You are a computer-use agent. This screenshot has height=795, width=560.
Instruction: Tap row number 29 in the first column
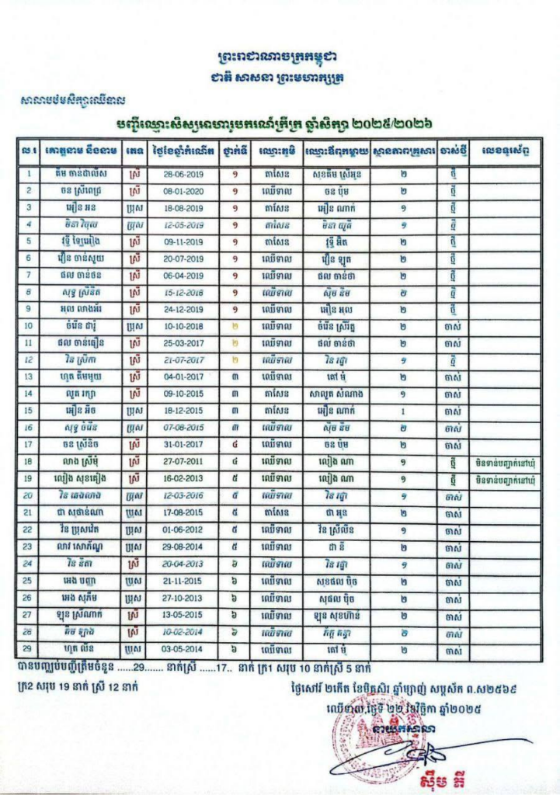point(28,648)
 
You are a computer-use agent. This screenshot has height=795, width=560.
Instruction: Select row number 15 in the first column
point(28,411)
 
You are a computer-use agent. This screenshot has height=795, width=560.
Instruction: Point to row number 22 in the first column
point(28,529)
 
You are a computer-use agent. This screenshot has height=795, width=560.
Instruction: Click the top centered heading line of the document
point(280,58)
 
